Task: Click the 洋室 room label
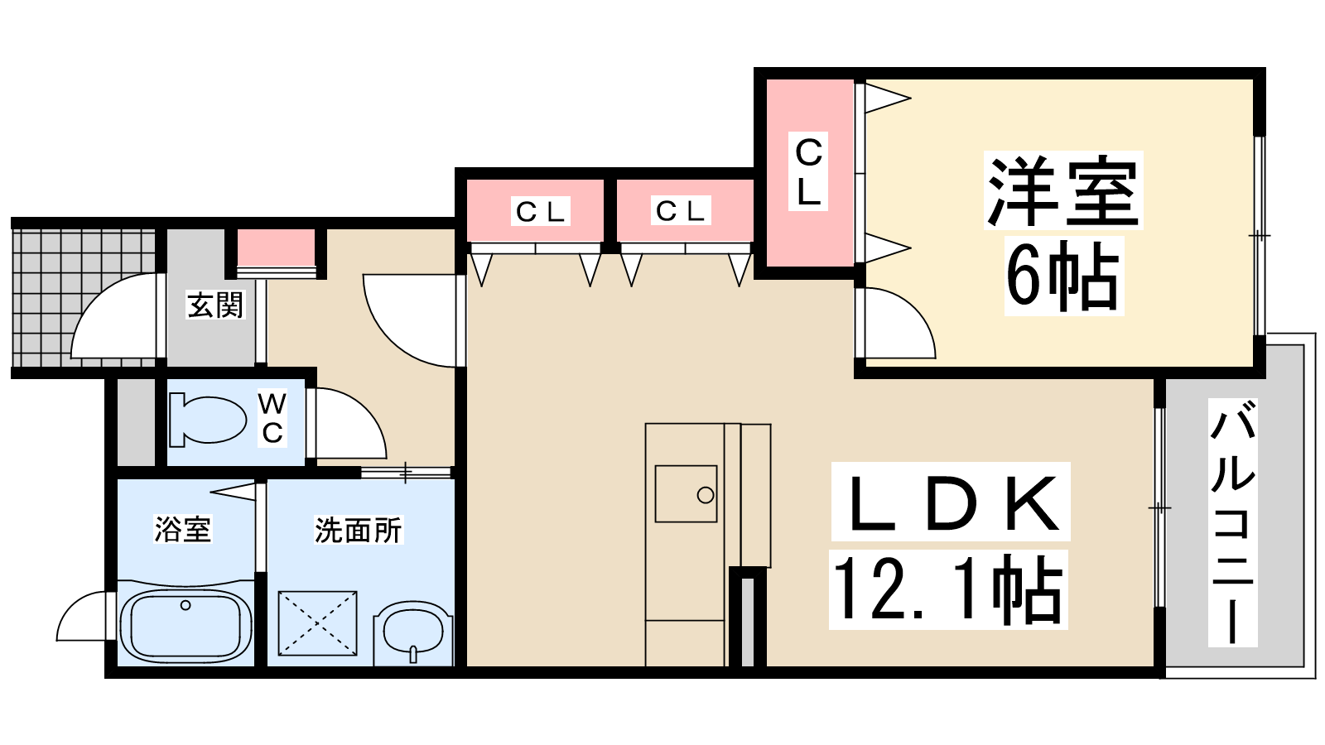point(1063,190)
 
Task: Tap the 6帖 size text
point(1063,276)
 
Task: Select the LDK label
point(951,502)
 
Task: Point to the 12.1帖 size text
point(947,589)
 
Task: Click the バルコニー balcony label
point(1232,522)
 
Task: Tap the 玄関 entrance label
point(214,305)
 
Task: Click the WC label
point(272,419)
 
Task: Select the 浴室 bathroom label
point(182,529)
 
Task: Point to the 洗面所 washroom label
point(358,530)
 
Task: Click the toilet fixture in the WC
point(207,421)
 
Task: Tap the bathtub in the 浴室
point(185,626)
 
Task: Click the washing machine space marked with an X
point(318,623)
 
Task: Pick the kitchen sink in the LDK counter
point(687,493)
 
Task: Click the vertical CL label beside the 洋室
point(808,171)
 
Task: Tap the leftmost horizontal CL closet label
point(540,211)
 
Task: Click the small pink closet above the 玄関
point(276,248)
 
